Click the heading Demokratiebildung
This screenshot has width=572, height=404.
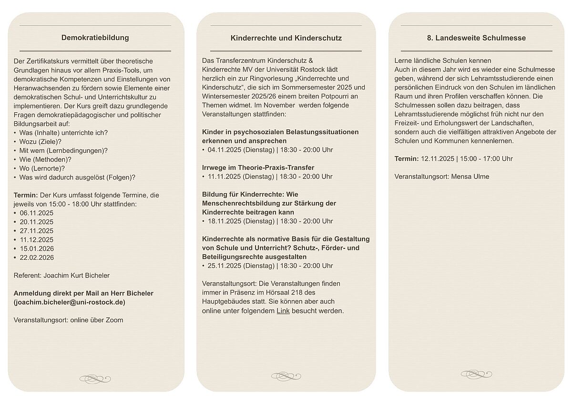point(95,38)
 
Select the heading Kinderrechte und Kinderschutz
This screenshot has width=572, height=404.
point(286,38)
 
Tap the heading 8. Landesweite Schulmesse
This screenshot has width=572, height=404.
point(476,38)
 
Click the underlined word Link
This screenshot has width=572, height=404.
point(283,311)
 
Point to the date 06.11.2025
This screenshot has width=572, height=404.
point(37,213)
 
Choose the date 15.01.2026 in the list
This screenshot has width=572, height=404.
point(37,248)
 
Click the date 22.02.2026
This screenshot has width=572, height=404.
point(37,257)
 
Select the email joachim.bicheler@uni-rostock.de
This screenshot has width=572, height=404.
point(70,302)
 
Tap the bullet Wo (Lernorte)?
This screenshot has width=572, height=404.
point(42,168)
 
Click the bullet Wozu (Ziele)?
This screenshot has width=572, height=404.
point(41,141)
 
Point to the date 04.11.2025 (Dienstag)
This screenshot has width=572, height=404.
point(241,150)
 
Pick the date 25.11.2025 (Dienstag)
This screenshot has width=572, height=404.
point(241,266)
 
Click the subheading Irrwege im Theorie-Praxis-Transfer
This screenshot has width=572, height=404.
point(258,168)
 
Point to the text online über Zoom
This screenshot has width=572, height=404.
point(96,320)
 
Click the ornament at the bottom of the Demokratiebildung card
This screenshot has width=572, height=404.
point(95,379)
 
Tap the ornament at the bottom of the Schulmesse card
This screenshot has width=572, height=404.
point(476,374)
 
